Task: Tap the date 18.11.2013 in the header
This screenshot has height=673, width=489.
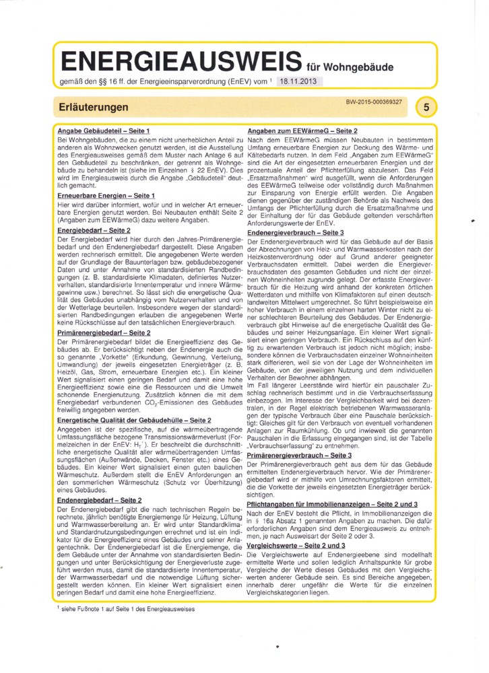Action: point(296,81)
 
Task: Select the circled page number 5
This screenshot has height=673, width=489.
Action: point(427,107)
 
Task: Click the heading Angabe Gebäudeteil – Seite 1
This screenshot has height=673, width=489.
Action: point(103,129)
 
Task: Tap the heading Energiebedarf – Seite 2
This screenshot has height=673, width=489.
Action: point(94,230)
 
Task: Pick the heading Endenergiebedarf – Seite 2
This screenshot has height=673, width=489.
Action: point(100,500)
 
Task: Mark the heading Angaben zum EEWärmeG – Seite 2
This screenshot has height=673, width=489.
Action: point(302,129)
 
